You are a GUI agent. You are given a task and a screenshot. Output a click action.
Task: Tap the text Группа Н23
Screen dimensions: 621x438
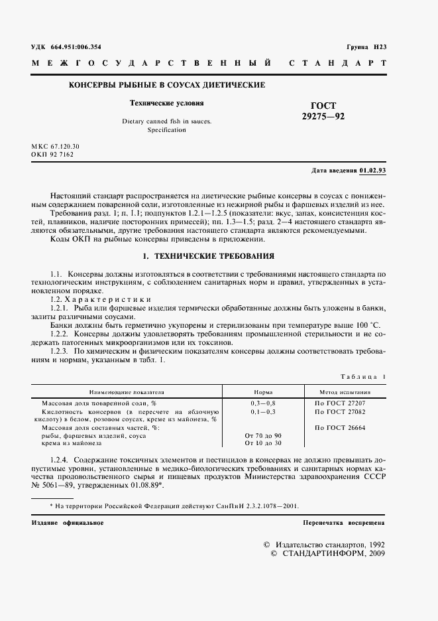pyautogui.click(x=366, y=46)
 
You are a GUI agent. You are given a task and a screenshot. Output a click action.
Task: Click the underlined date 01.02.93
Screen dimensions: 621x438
pyautogui.click(x=373, y=171)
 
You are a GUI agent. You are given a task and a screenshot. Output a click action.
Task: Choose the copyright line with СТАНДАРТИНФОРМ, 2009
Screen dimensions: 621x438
pyautogui.click(x=328, y=553)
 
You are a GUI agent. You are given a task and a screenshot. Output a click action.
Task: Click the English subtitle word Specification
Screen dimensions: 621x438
pyautogui.click(x=166, y=130)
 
